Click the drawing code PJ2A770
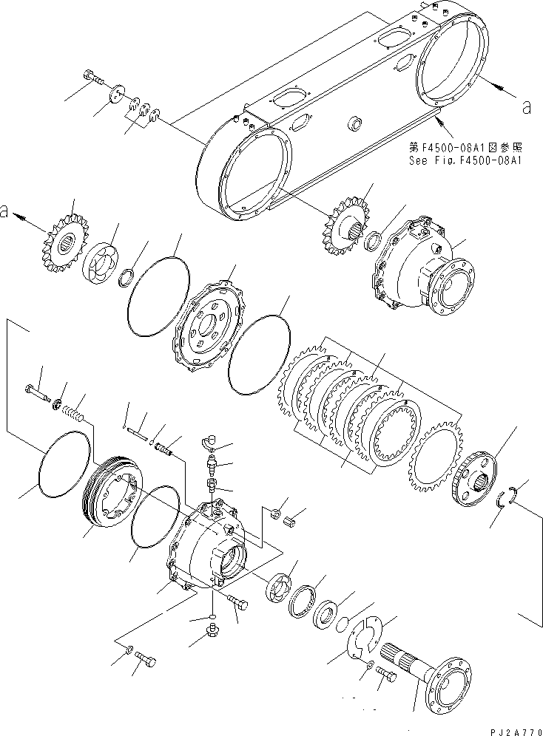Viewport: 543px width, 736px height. click(511, 727)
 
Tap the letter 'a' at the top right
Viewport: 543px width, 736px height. click(526, 107)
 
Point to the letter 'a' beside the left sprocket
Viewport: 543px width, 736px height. click(6, 213)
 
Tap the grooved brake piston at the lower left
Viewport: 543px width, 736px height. click(112, 504)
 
